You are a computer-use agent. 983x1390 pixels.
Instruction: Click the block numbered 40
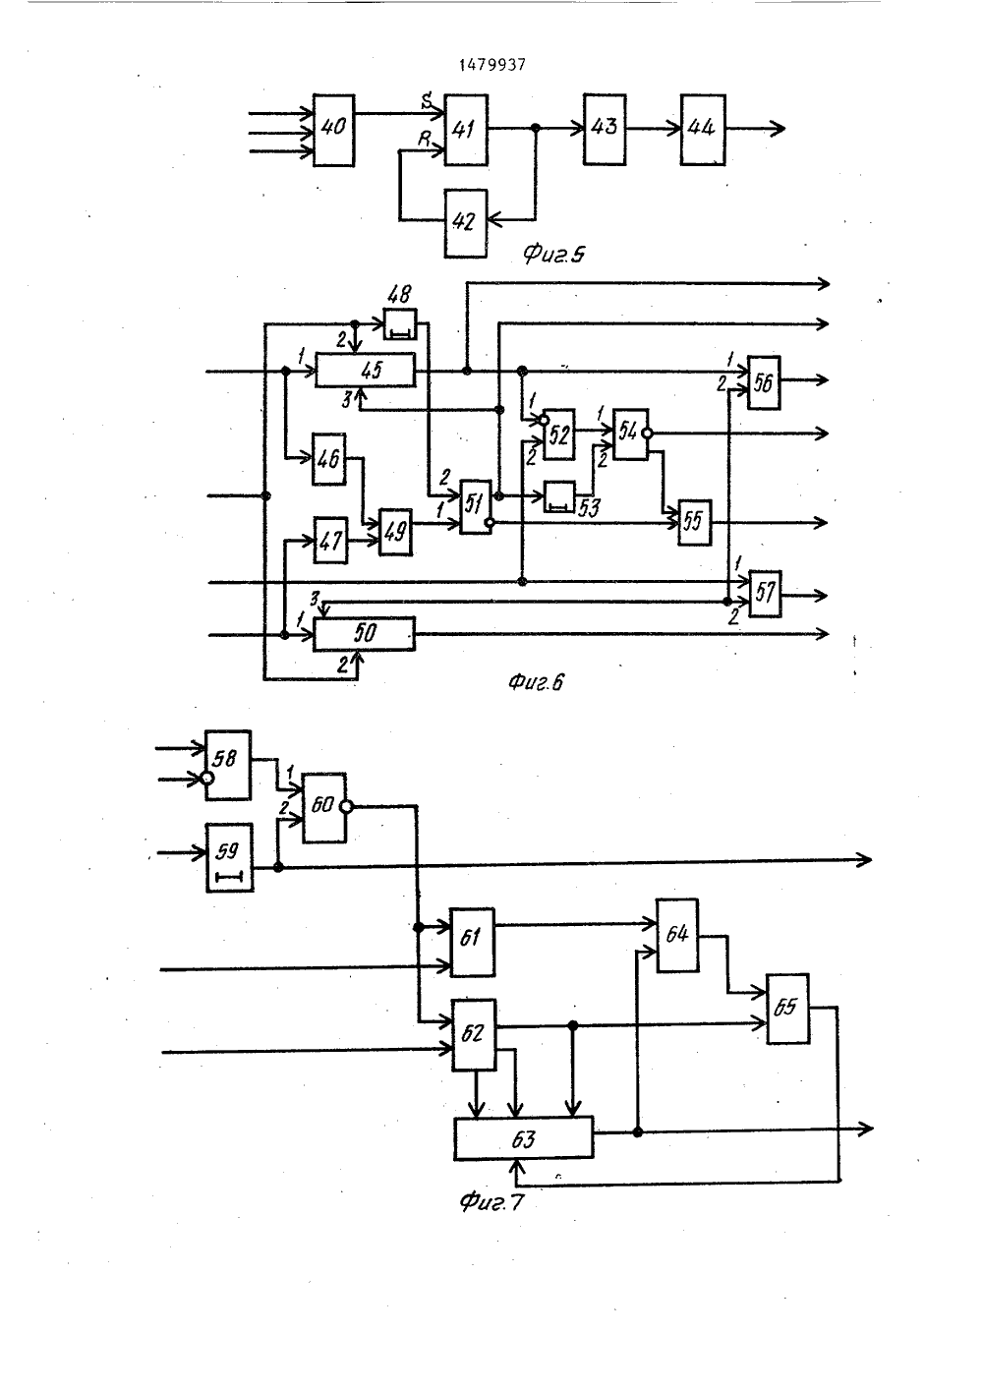tap(334, 131)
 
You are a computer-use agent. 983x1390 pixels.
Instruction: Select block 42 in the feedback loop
tap(465, 223)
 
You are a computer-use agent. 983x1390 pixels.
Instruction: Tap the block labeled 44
tap(703, 130)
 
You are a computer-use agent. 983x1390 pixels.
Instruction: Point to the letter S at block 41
tap(427, 100)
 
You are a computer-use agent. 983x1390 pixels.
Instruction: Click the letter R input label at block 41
tap(425, 139)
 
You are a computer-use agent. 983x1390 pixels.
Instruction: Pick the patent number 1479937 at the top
tap(492, 65)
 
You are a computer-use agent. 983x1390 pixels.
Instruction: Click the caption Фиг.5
tap(552, 255)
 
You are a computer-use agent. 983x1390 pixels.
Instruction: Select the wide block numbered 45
tap(365, 370)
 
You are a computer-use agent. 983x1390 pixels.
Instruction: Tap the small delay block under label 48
tap(400, 324)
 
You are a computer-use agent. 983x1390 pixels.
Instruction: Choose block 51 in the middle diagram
tap(476, 506)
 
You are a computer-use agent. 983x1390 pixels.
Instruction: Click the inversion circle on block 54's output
tap(647, 434)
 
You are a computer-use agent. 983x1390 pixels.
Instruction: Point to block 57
tap(765, 594)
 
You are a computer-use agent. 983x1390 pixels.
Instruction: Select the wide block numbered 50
tap(364, 634)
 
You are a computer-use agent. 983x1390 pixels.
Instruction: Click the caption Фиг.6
tap(536, 682)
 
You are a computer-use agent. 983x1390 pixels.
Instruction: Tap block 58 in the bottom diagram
tap(228, 765)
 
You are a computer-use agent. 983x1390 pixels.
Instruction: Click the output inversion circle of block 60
tap(347, 807)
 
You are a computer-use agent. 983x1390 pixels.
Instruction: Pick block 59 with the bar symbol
tap(229, 857)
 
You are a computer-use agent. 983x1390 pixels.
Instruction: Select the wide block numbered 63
tap(523, 1138)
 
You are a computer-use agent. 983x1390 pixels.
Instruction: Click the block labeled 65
tap(787, 1009)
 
